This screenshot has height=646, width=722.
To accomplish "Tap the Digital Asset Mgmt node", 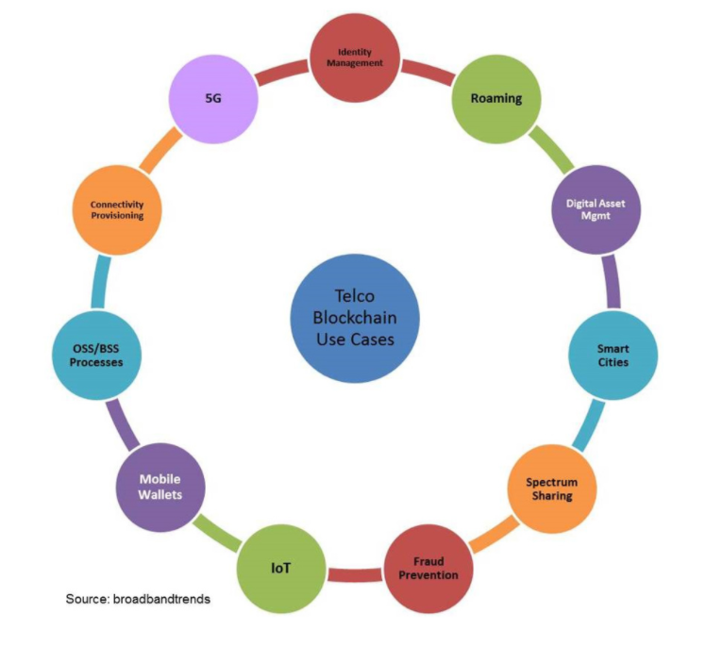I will [x=596, y=210].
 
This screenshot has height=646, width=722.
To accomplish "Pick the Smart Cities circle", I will [x=613, y=355].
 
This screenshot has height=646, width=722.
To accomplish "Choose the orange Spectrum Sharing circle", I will [x=549, y=489].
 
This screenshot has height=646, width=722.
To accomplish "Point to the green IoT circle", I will [x=279, y=568].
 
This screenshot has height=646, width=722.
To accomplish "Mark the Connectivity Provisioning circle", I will [x=117, y=209].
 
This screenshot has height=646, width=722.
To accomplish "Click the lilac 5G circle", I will [x=213, y=99].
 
